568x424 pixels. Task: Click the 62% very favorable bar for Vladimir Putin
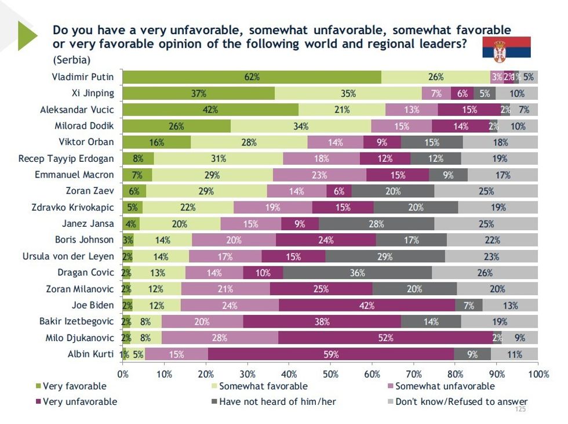(x=252, y=77)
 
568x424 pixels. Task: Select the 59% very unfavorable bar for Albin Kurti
(x=330, y=354)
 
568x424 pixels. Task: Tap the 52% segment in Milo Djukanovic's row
(x=385, y=338)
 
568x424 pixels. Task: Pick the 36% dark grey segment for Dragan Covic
(x=357, y=273)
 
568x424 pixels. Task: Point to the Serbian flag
(x=507, y=48)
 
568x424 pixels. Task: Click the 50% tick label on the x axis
(x=330, y=374)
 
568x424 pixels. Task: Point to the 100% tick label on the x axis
(x=537, y=374)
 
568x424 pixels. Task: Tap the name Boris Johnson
(x=84, y=240)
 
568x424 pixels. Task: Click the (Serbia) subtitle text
(x=71, y=60)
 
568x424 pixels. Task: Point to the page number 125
(x=520, y=409)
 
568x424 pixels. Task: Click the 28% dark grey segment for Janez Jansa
(x=376, y=223)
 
